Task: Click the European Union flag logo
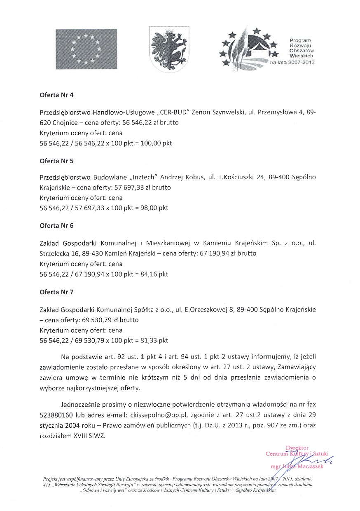(x=86, y=49)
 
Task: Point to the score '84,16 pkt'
(x=154, y=274)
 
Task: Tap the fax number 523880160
(x=57, y=415)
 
